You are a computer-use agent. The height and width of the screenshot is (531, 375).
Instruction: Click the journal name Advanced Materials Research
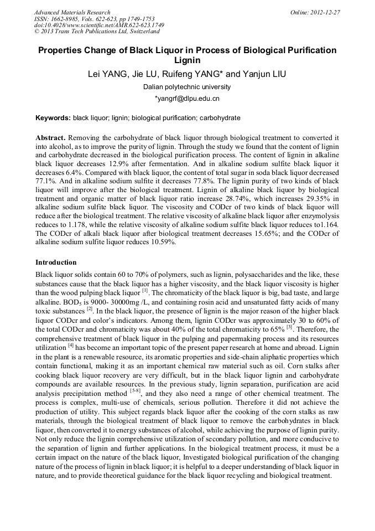click(x=72, y=12)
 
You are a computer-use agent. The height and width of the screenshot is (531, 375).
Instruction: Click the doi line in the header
click(x=99, y=25)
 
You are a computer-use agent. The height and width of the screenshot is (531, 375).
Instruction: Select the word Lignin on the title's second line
click(x=187, y=60)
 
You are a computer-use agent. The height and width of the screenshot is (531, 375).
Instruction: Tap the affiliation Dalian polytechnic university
click(x=187, y=87)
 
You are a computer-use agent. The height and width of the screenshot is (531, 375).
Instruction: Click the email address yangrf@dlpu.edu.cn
click(x=187, y=99)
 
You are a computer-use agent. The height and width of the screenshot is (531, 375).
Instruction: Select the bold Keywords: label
click(x=53, y=118)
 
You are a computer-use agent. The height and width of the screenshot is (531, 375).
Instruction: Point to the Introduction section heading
click(x=56, y=262)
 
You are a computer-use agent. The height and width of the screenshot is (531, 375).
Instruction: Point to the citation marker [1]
click(x=144, y=291)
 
